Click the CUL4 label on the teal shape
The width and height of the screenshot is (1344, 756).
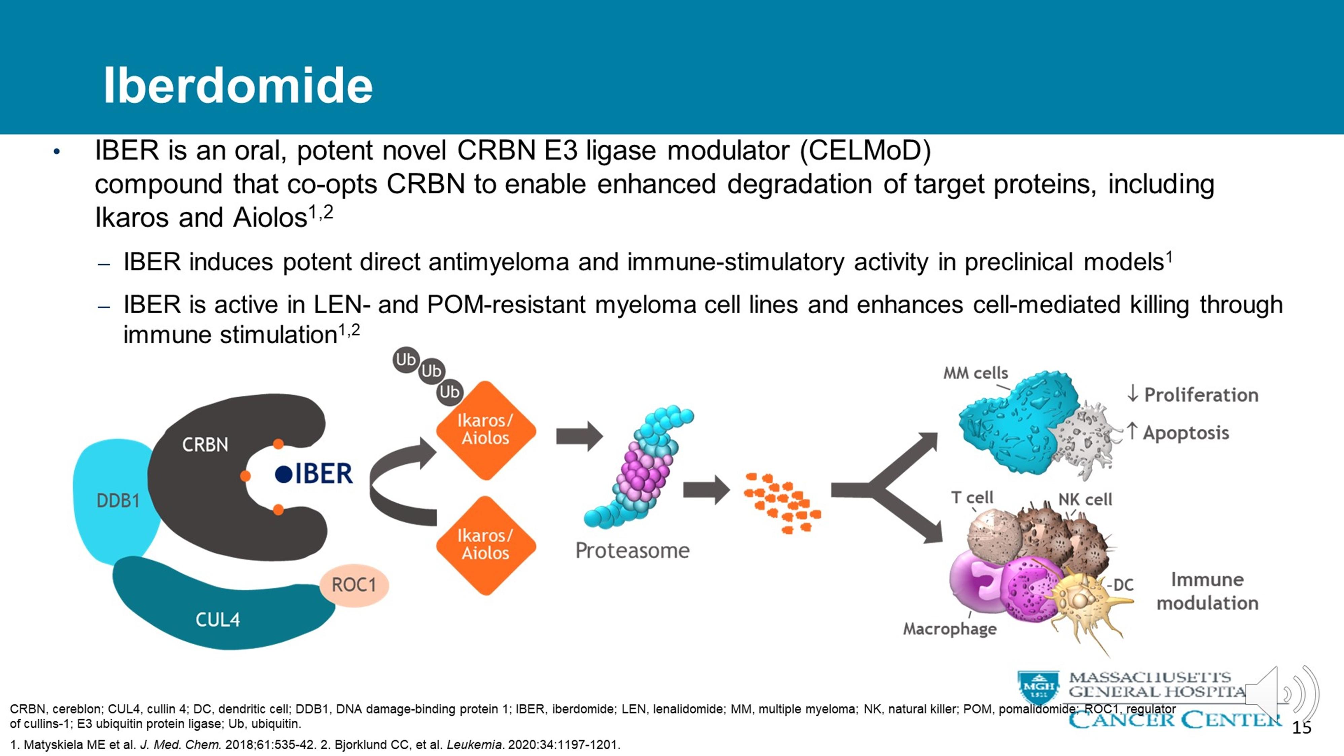(x=218, y=619)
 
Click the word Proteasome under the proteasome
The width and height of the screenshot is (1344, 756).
(x=632, y=550)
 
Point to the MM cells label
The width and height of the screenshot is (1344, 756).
(x=975, y=373)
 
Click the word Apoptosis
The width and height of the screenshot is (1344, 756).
(x=1186, y=433)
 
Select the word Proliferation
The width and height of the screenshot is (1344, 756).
(x=1201, y=395)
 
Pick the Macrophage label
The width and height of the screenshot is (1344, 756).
(x=950, y=629)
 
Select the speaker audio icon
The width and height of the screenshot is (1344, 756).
(x=1281, y=694)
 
